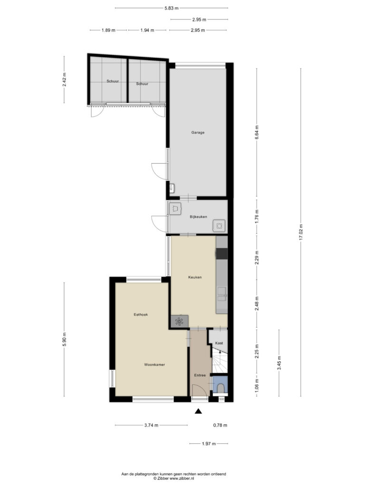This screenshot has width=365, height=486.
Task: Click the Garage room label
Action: (198, 133)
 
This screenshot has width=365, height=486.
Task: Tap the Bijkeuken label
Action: (198, 217)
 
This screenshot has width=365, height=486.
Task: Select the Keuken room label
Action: (195, 277)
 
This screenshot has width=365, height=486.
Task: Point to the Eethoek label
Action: (141, 315)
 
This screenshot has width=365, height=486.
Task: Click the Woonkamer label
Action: (154, 365)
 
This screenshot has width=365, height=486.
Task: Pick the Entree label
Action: (200, 375)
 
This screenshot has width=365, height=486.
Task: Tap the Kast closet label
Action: (219, 343)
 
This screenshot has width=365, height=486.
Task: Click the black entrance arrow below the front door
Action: (198, 411)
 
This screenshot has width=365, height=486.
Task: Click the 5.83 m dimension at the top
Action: (171, 8)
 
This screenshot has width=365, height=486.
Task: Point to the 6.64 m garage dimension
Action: (257, 132)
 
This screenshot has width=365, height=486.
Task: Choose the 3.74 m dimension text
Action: (151, 425)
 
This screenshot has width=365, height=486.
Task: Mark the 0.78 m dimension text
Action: (220, 425)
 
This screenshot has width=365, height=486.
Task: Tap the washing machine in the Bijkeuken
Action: (220, 226)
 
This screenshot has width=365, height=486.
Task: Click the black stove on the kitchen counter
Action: (222, 253)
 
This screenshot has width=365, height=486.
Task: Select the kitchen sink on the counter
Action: (222, 294)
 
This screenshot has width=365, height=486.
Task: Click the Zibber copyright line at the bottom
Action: (173, 478)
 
